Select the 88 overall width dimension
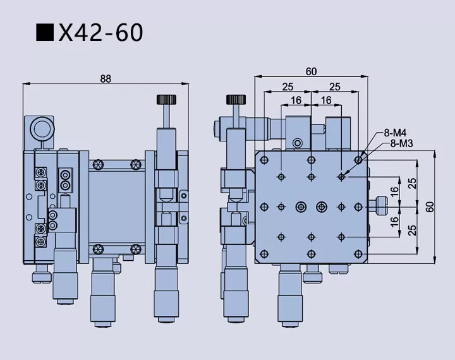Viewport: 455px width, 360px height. [106, 78]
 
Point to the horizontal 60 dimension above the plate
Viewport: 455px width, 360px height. [311, 71]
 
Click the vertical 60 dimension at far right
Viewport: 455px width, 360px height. [430, 207]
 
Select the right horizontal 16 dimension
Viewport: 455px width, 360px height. [326, 100]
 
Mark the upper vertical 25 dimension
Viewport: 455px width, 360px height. [412, 183]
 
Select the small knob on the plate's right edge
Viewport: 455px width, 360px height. [381, 205]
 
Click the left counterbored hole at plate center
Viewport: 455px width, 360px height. [300, 206]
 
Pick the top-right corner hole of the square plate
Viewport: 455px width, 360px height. [359, 158]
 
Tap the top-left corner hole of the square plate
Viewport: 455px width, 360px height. [264, 158]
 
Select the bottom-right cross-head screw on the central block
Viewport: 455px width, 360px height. [135, 247]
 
